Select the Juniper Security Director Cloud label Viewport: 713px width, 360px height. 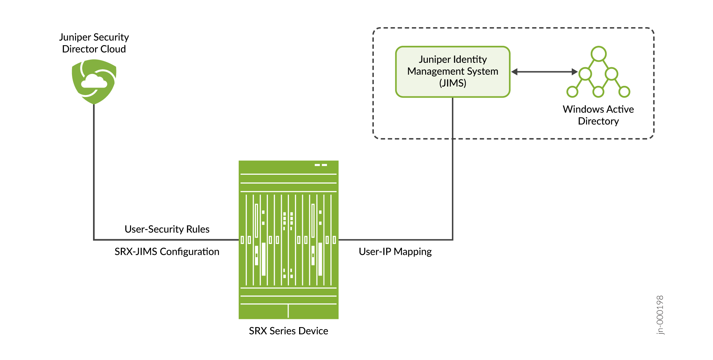coord(94,43)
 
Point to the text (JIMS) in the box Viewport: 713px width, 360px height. coord(453,83)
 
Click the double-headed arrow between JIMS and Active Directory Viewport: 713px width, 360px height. coord(544,72)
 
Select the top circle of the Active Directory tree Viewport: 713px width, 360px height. coord(598,54)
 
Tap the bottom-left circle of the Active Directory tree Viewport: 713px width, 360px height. coord(572,92)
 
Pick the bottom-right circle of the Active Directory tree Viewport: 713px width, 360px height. coord(624,92)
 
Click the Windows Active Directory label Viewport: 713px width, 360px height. coord(598,115)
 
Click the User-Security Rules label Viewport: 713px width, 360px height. coord(167,229)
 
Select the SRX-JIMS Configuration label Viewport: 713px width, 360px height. coord(167,251)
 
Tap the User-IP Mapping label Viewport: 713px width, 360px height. coord(395,251)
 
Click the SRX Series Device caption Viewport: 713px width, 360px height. coord(288,331)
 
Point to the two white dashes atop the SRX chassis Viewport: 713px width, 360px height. coord(321,165)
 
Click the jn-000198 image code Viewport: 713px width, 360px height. coord(660,315)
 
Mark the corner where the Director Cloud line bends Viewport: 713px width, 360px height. coord(94,240)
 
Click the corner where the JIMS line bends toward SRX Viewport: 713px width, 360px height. coord(453,240)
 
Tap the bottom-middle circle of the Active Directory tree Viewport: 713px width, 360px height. coord(598,92)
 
